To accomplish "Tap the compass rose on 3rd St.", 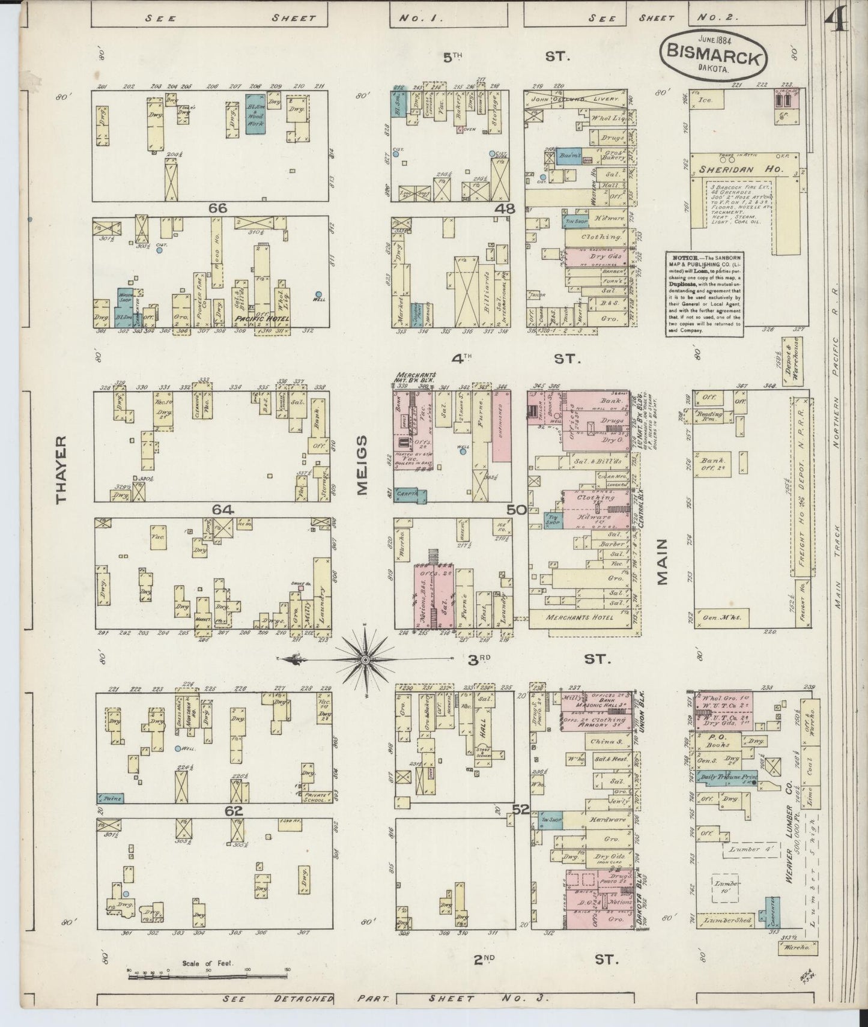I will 365,659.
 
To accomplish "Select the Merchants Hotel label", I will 580,617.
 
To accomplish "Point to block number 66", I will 217,208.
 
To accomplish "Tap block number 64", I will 222,510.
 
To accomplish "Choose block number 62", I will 233,811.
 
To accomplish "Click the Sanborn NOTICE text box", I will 703,294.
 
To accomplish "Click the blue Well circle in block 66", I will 318,294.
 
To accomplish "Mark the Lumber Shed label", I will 727,920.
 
